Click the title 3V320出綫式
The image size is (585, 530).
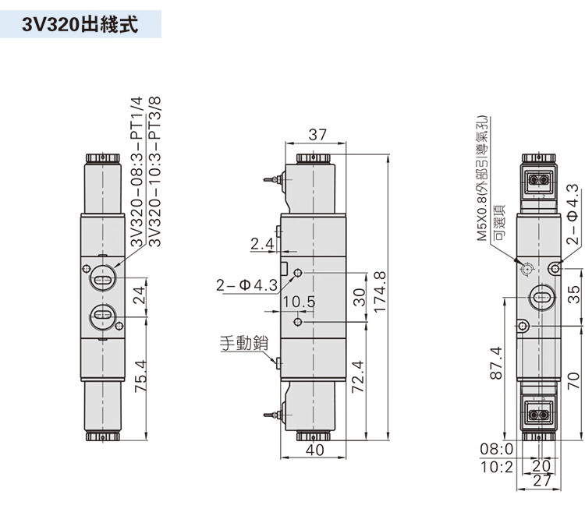point(80,25)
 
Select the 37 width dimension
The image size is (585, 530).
point(317,135)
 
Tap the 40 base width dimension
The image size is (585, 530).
point(315,450)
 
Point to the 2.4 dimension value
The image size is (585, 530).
point(262,244)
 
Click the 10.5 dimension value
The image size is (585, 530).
point(299,302)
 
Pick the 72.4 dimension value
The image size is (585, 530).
point(358,376)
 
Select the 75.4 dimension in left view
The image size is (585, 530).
point(141,376)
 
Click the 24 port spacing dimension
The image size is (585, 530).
point(139,295)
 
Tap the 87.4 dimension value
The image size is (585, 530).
point(496,363)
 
